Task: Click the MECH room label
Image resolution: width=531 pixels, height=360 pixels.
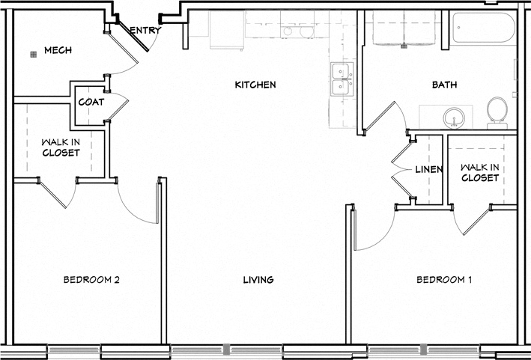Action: pos(57,51)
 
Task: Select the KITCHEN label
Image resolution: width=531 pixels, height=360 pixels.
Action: pos(255,85)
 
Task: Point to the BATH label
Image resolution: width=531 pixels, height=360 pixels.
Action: pos(444,85)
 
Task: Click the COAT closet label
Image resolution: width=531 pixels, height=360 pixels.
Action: pos(91,102)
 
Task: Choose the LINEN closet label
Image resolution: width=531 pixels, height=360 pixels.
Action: pos(429,170)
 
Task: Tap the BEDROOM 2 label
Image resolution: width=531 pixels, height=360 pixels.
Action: pos(91,280)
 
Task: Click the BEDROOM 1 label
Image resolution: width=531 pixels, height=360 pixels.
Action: pos(444,280)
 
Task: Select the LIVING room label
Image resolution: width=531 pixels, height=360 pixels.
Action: pos(258,280)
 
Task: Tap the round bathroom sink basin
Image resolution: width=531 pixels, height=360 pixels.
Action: pos(452,118)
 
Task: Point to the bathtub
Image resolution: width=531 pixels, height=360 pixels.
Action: pos(483,28)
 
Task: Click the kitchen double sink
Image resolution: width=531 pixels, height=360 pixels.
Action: pos(342,78)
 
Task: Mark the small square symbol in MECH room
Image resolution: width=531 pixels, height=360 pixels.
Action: pos(33,55)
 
